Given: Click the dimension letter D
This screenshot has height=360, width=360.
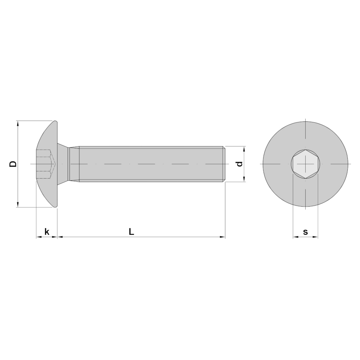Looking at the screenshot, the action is pyautogui.click(x=13, y=164).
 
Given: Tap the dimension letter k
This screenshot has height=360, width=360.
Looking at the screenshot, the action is pyautogui.click(x=47, y=231).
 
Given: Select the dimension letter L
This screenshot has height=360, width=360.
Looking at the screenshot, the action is pyautogui.click(x=131, y=231).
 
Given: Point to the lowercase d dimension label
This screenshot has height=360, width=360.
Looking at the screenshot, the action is pyautogui.click(x=239, y=164).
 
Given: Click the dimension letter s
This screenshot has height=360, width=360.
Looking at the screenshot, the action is pyautogui.click(x=305, y=232).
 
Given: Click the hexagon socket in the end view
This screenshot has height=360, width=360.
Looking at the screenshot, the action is pyautogui.click(x=305, y=164).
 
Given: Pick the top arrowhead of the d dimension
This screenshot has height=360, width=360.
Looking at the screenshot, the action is pyautogui.click(x=244, y=149).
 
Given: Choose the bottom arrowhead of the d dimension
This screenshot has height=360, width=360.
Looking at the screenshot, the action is pyautogui.click(x=244, y=179).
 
